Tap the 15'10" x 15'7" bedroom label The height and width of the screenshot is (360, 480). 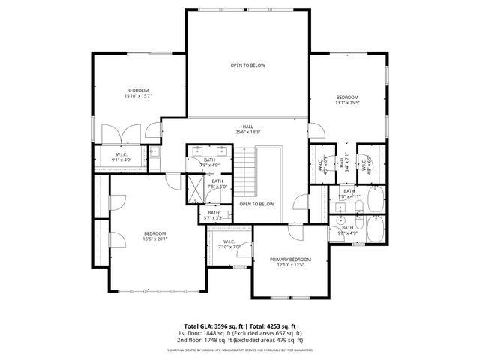[x=138, y=93]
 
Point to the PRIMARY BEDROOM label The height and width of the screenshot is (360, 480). [x=290, y=262]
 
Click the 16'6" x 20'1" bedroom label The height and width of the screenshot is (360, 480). [x=154, y=235]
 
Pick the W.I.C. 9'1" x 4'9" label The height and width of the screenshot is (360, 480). [x=121, y=157]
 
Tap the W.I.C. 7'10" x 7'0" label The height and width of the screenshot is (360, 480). [x=229, y=244]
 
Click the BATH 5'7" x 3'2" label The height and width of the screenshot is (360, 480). [x=214, y=214]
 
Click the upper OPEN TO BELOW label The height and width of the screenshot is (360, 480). [x=247, y=65]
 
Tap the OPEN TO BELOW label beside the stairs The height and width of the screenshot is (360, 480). [x=256, y=204]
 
